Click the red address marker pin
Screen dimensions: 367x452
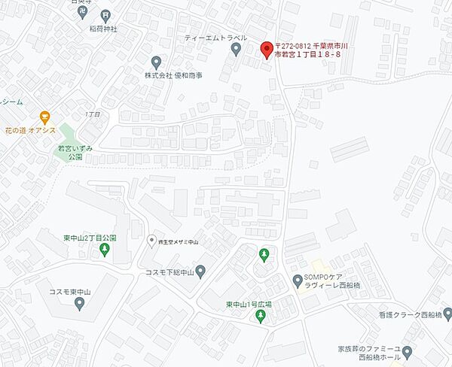coord(264,50)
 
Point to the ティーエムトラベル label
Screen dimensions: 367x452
coord(214,37)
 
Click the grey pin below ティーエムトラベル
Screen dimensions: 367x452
coord(236,50)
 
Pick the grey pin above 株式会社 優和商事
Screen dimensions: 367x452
coord(156,62)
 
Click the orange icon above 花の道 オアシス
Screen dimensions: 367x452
coord(44,117)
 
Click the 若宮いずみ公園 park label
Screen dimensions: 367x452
coord(75,153)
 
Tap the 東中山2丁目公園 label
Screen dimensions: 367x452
coord(90,238)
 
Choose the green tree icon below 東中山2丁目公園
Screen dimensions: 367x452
coord(104,250)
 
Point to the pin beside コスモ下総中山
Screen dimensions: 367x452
coord(200,271)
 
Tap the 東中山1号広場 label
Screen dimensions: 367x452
coord(249,305)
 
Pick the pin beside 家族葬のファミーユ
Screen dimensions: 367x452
coord(408,350)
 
